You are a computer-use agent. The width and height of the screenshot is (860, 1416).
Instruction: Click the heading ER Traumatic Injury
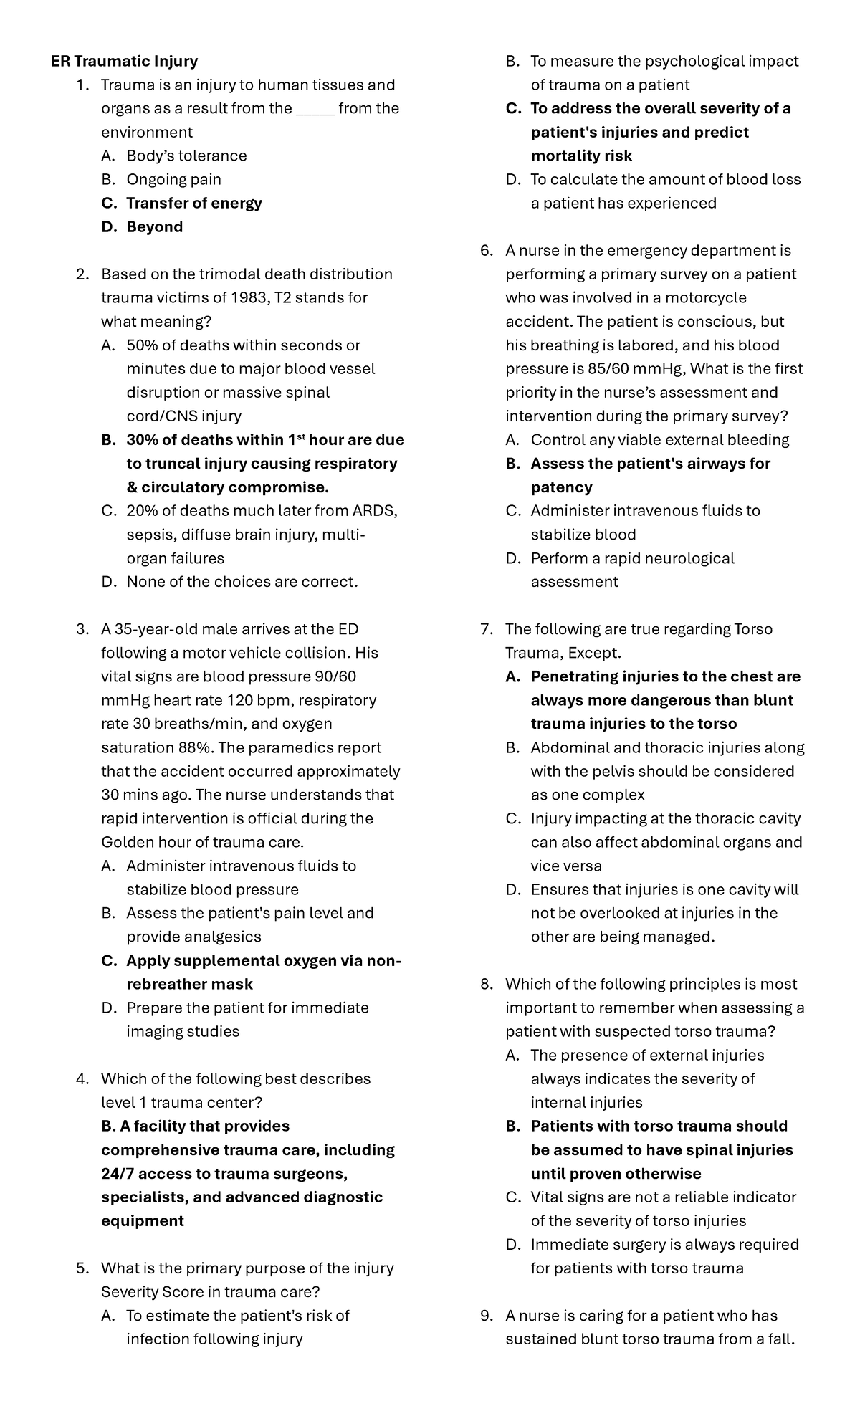point(124,62)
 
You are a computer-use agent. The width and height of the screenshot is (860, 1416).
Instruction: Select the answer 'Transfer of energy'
point(193,204)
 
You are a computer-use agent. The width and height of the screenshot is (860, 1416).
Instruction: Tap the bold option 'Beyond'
point(154,227)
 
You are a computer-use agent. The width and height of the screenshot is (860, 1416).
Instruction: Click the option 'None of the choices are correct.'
point(242,582)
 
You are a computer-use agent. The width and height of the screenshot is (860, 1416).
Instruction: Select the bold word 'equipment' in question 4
point(143,1221)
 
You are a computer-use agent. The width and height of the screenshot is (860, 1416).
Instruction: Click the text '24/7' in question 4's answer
point(118,1174)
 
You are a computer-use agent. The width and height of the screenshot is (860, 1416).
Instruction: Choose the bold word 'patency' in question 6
point(561,487)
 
